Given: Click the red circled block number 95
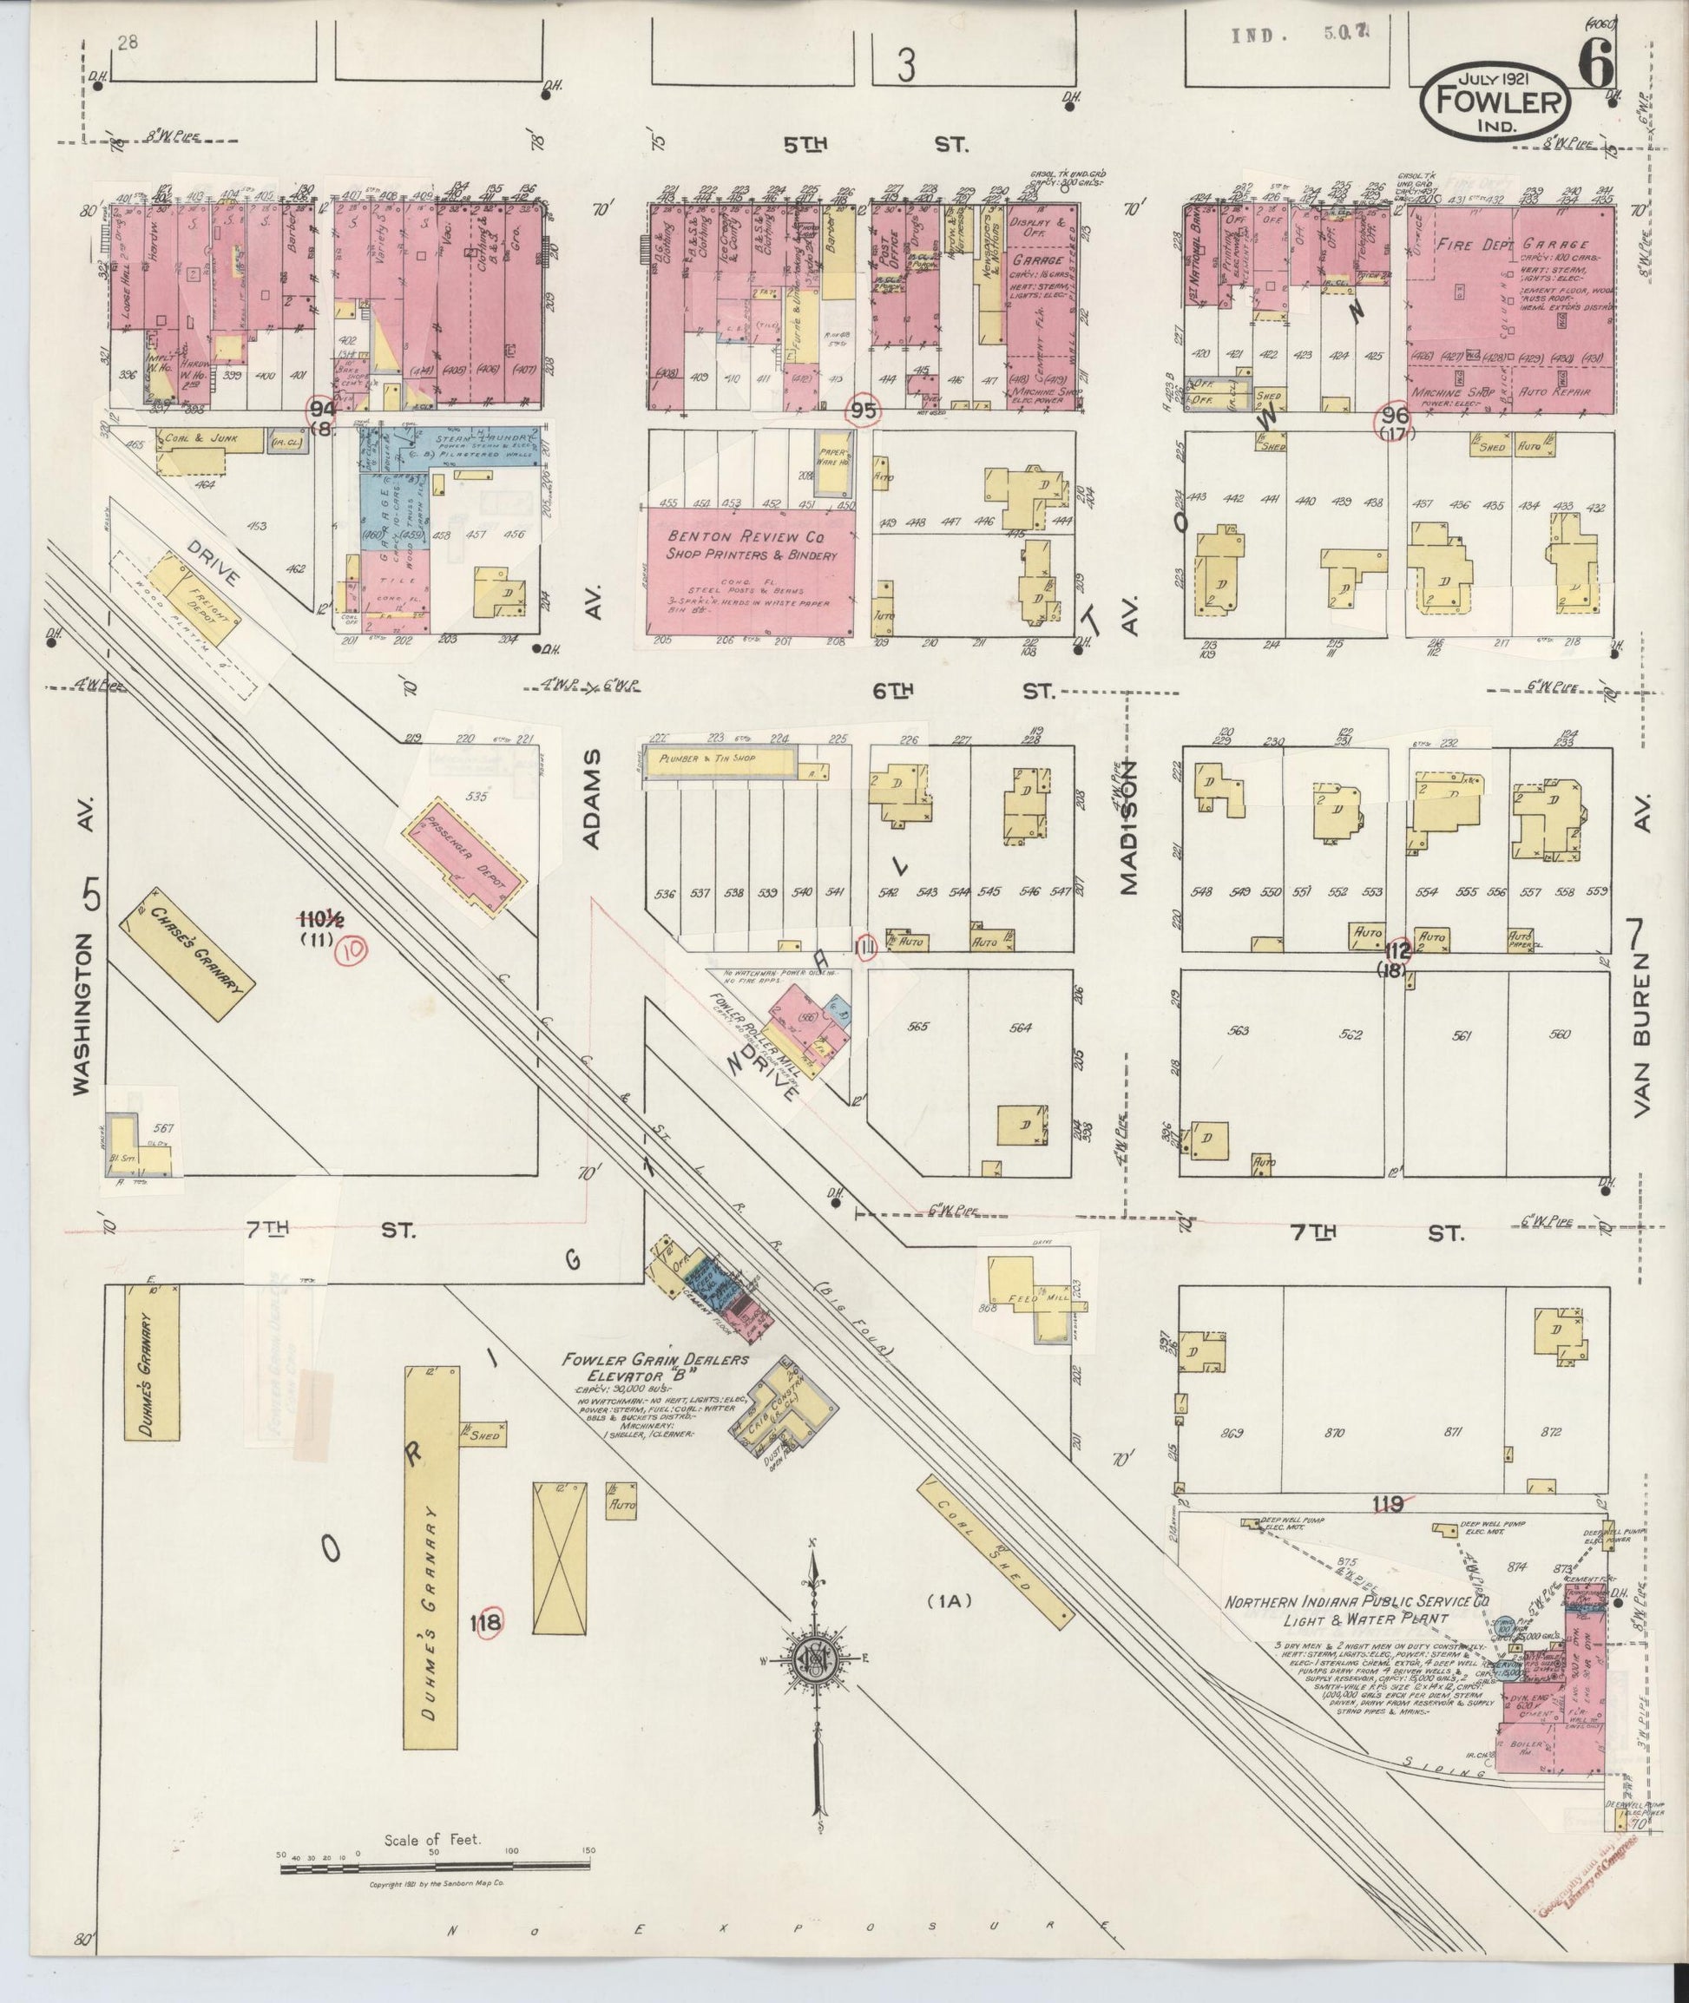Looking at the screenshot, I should [x=863, y=411].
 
